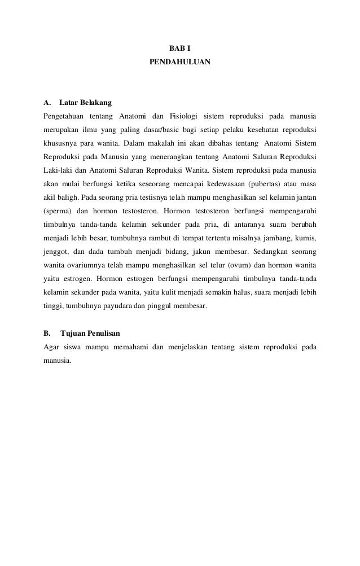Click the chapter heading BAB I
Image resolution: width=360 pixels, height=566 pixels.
click(x=179, y=49)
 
